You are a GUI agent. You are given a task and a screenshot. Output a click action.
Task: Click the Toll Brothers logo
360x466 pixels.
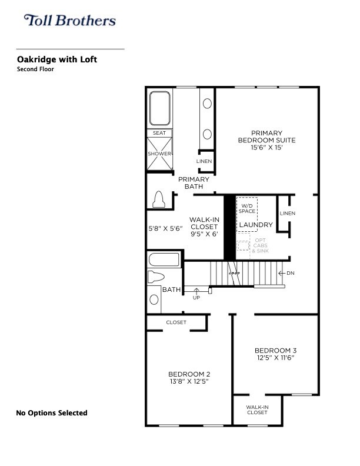(x=69, y=21)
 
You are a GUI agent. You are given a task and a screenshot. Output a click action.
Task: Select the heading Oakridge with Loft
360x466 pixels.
(x=57, y=59)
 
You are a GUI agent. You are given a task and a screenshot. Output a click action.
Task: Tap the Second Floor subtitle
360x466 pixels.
(x=36, y=69)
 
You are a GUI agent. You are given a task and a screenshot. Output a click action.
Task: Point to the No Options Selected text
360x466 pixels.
(x=51, y=413)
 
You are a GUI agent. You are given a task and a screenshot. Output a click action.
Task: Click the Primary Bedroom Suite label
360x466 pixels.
(x=266, y=137)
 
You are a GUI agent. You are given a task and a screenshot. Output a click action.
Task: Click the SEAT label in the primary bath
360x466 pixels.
(x=159, y=133)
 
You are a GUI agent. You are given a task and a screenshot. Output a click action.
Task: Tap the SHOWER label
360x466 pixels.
(x=159, y=154)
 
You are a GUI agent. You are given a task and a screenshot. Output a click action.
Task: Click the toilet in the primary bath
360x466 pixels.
(x=158, y=199)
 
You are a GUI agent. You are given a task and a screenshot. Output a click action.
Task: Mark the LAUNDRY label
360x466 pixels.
(x=256, y=225)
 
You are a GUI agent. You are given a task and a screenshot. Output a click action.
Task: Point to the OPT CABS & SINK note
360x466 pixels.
(x=259, y=245)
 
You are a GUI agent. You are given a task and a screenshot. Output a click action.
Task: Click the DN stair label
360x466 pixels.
(x=290, y=273)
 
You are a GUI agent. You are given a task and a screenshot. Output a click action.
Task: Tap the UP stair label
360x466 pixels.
(x=196, y=297)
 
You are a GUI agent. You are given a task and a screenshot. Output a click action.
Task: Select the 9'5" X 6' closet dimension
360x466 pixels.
(x=204, y=234)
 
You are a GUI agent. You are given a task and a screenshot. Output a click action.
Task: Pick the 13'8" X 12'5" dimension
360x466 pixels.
(x=189, y=381)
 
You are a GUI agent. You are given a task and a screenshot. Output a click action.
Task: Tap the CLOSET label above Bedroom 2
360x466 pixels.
(x=176, y=322)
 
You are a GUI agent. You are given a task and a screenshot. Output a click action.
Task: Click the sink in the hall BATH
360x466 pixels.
(x=154, y=299)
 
